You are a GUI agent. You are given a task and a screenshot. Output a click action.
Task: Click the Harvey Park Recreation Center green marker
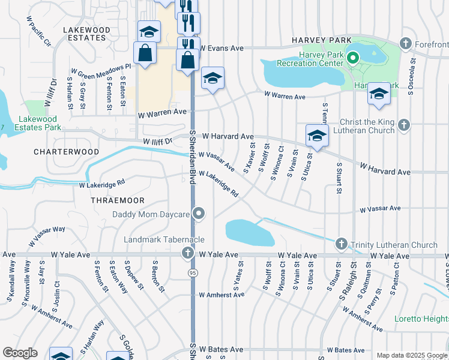pyautogui.click(x=353, y=58)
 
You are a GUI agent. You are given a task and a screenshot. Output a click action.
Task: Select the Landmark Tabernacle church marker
pyautogui.click(x=188, y=253)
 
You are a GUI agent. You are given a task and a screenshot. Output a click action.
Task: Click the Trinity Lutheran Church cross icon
pyautogui.click(x=342, y=244)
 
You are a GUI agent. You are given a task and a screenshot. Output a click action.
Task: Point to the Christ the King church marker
pyautogui.click(x=405, y=125)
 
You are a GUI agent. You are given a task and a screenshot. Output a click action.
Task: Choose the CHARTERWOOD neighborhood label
pyautogui.click(x=67, y=152)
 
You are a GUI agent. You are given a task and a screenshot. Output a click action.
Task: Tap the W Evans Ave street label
pyautogui.click(x=221, y=47)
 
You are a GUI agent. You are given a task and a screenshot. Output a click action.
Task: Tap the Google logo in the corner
pyautogui.click(x=20, y=353)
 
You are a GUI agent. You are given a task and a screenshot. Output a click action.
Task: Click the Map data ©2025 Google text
pyautogui.click(x=412, y=356)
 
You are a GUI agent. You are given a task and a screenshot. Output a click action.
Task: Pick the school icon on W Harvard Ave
pyautogui.click(x=316, y=136)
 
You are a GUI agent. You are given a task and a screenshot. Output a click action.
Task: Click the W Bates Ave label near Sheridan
pyautogui.click(x=221, y=349)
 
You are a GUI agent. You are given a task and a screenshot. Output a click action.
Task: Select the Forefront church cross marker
pyautogui.click(x=406, y=44)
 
